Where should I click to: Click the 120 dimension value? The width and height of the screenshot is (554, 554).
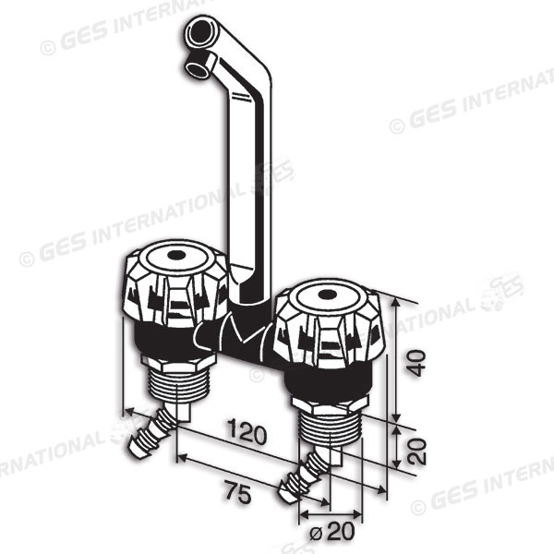point(247,431)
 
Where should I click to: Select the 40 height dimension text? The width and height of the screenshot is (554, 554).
point(415,363)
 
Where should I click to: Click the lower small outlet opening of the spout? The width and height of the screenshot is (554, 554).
point(196,68)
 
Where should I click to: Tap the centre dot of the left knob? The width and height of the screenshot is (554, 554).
point(175,255)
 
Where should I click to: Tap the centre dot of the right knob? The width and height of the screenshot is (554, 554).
point(328,294)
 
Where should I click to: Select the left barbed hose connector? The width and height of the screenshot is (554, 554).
point(151,434)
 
